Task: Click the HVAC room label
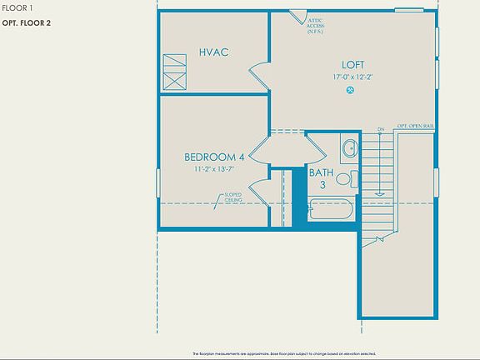click(x=213, y=52)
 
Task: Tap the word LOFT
click(x=352, y=64)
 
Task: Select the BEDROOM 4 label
click(x=213, y=157)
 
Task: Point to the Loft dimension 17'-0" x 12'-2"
click(x=352, y=77)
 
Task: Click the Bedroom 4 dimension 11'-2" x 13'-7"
click(x=213, y=169)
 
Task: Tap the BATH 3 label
click(x=320, y=178)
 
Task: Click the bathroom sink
click(x=348, y=149)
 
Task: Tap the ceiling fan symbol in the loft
click(x=352, y=90)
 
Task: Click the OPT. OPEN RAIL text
click(x=416, y=126)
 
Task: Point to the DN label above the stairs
click(x=380, y=129)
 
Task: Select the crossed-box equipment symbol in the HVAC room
click(x=174, y=72)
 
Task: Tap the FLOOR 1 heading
click(x=18, y=7)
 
